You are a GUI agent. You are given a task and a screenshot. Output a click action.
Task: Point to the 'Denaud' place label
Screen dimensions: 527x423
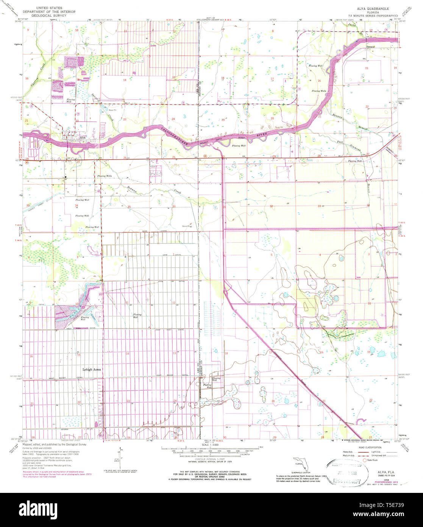(x=370, y=47)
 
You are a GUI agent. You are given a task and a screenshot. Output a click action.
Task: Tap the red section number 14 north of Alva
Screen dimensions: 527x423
(x=124, y=80)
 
